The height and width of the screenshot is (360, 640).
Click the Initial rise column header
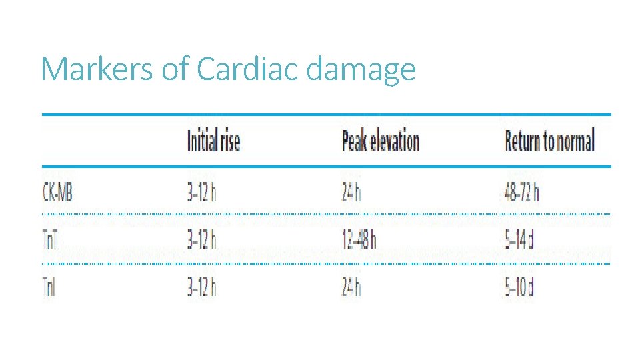pyautogui.click(x=213, y=141)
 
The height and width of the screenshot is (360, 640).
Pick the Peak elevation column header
pyautogui.click(x=380, y=141)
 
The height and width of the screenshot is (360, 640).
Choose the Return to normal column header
pyautogui.click(x=549, y=141)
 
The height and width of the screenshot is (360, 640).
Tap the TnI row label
pyautogui.click(x=50, y=288)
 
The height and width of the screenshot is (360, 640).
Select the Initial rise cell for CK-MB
pyautogui.click(x=202, y=192)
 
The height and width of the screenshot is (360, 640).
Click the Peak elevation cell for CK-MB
pyautogui.click(x=351, y=192)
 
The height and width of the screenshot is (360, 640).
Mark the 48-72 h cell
pyautogui.click(x=522, y=192)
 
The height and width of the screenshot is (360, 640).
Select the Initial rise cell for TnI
pyautogui.click(x=202, y=288)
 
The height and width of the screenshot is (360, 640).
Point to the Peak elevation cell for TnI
pyautogui.click(x=351, y=288)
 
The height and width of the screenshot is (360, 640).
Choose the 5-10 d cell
pyautogui.click(x=520, y=288)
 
